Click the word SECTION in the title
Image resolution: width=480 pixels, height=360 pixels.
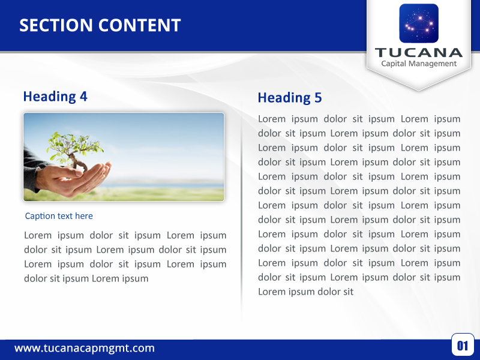[56, 25]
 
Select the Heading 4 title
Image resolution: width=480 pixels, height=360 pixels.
[55, 96]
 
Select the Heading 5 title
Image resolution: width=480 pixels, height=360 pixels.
[290, 98]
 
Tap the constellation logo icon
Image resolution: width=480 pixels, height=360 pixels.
[419, 23]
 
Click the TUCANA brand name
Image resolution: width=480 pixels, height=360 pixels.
[419, 52]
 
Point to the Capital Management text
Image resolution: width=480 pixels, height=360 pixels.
[419, 64]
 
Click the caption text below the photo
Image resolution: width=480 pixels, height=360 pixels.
[59, 216]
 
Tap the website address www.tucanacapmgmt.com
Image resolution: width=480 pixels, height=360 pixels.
[85, 348]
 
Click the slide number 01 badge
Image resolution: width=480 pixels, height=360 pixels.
[463, 345]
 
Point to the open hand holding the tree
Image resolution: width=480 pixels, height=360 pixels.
[84, 178]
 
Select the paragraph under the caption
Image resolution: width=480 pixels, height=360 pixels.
[125, 257]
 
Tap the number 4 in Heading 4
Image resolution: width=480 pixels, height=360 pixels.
[83, 96]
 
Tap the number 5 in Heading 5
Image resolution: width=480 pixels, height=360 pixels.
[318, 98]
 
